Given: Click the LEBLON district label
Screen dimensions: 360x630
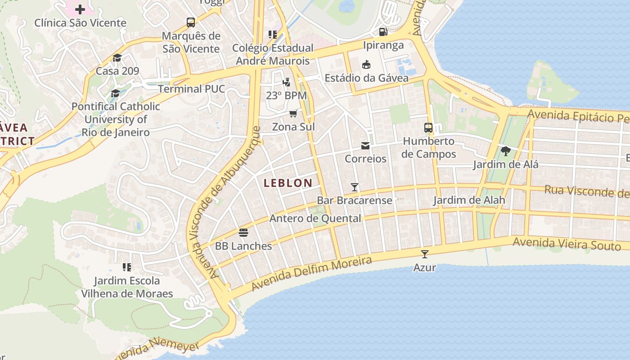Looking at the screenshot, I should tap(288, 183).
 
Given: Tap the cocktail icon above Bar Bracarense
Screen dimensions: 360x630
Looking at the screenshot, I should tap(355, 187).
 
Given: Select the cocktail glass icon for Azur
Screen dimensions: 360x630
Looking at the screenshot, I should tap(424, 254).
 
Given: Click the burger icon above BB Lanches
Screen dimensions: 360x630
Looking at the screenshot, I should tap(243, 233).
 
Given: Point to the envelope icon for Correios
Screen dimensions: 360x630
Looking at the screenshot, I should tap(365, 146).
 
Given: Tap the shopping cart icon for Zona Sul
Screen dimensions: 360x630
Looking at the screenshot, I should tap(293, 113).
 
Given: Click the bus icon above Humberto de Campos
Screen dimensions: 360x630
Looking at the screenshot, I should tap(428, 128).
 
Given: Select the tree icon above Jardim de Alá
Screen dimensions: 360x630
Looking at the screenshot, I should tap(505, 151).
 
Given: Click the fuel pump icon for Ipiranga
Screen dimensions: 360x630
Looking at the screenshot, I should tap(383, 32).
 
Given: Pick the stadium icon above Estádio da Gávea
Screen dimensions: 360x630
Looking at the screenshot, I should tap(366, 64).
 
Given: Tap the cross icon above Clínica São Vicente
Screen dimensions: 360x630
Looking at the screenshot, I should tap(80, 9).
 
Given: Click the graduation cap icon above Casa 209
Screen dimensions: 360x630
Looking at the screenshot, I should tap(117, 58).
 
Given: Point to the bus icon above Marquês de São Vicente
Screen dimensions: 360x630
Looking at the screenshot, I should tap(191, 22).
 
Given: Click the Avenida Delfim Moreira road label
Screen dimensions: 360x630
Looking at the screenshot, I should tap(312, 273).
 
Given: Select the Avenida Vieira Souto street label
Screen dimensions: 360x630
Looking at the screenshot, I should tap(567, 244).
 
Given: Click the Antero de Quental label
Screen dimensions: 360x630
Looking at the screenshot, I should tap(315, 219).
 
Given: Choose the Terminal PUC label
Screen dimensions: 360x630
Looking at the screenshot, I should tap(191, 89).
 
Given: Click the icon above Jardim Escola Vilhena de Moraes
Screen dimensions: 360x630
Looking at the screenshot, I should tap(127, 267).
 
